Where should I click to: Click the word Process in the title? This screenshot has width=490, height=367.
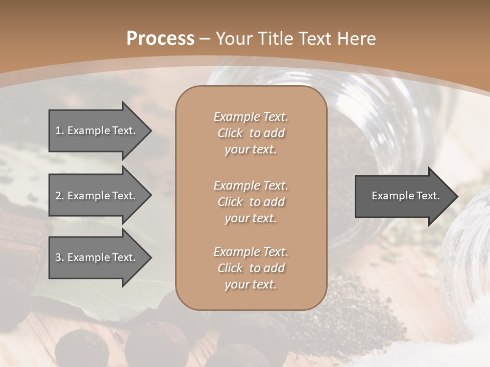(160, 38)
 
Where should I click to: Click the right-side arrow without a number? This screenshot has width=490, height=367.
(403, 196)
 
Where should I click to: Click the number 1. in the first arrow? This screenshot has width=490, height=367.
(60, 130)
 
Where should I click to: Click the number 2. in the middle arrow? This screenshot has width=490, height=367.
(60, 196)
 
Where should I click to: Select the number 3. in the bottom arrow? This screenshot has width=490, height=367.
(60, 257)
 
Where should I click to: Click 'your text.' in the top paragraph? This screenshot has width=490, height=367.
(251, 150)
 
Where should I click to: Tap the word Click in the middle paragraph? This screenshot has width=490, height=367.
(230, 202)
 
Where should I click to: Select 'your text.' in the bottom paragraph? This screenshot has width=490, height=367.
(251, 284)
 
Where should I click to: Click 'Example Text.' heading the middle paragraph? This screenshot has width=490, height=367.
(251, 186)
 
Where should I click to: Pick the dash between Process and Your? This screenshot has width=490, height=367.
(205, 39)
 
